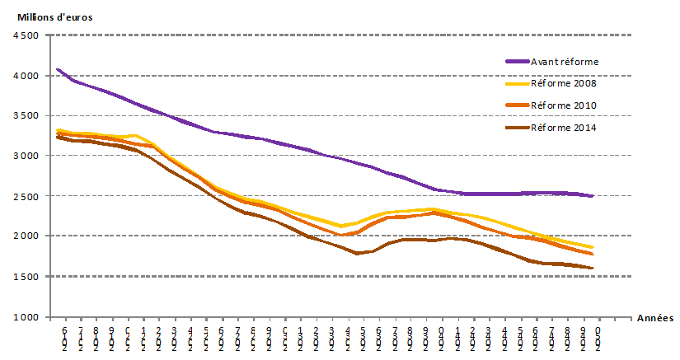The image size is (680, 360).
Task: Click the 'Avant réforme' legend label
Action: (565, 62)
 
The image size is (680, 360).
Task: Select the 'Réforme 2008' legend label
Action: (564, 83)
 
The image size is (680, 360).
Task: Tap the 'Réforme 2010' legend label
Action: (564, 105)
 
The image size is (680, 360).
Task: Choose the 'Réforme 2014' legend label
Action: (564, 127)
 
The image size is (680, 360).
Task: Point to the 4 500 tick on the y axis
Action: (26, 35)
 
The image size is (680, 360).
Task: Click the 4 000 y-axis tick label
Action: (26, 76)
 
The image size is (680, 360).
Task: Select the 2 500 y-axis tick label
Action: (26, 196)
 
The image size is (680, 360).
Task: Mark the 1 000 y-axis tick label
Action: (26, 316)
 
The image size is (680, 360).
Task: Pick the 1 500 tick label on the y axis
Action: (26, 276)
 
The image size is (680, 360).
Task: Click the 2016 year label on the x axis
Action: (64, 338)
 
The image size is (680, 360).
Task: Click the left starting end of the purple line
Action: (57, 69)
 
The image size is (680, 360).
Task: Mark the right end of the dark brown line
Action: (592, 268)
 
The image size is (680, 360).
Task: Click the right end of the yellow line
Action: (592, 247)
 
